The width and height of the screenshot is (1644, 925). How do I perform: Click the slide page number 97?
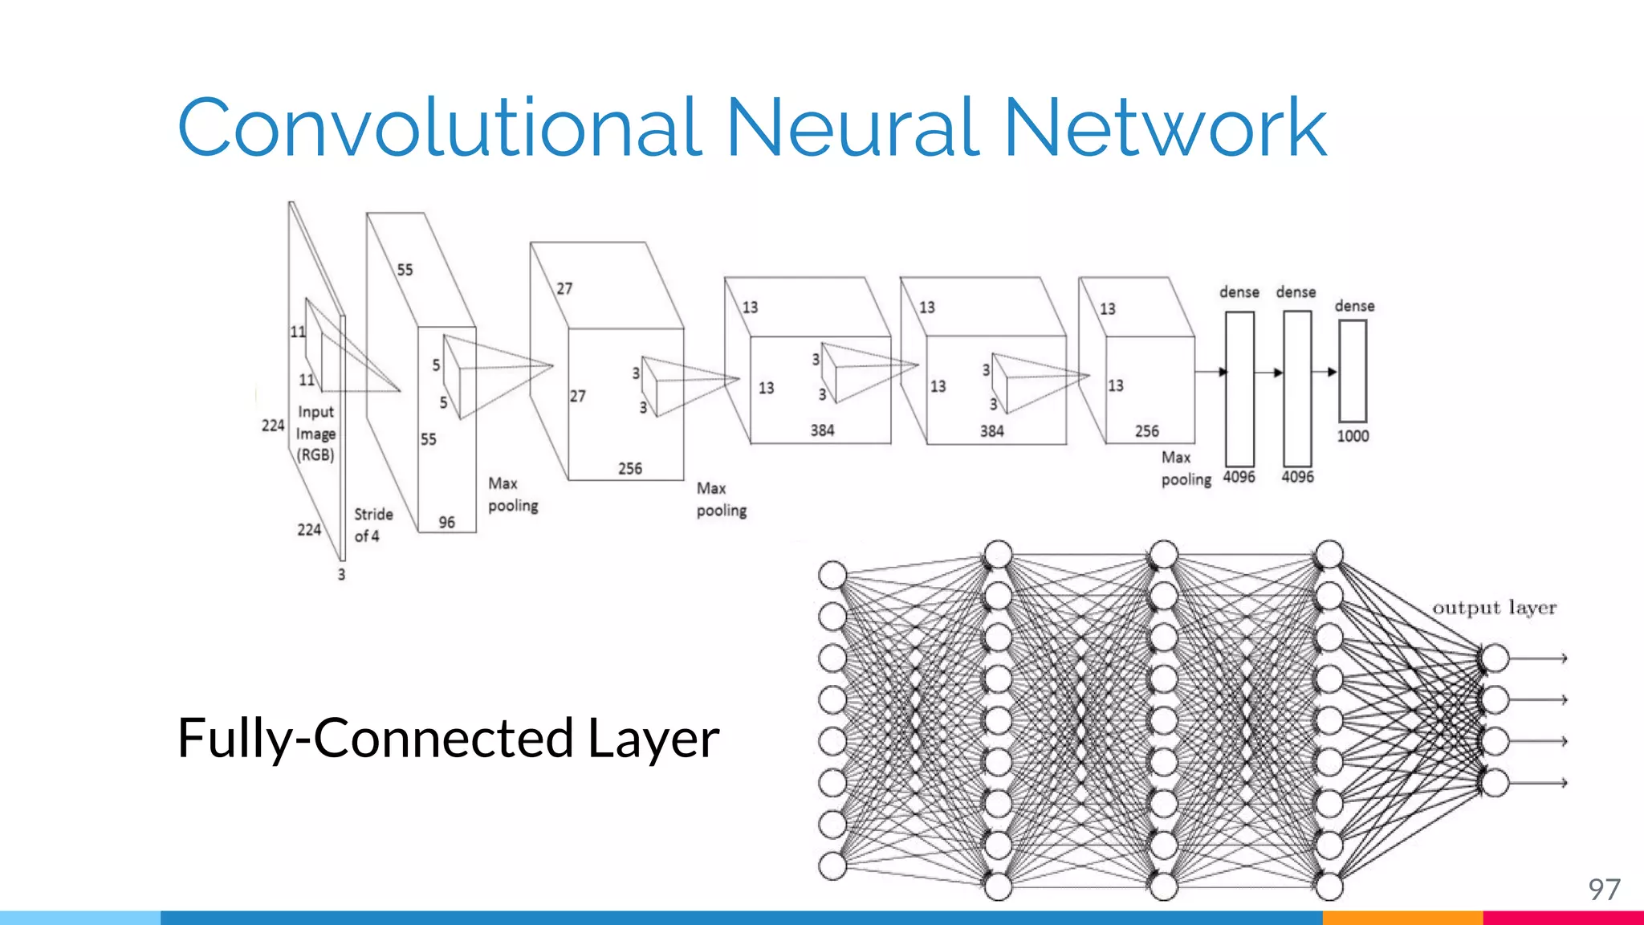click(x=1604, y=890)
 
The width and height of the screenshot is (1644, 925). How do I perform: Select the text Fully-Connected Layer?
click(x=447, y=738)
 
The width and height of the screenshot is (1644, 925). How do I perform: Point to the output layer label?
click(x=1494, y=608)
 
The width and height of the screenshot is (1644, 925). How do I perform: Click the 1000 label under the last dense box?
click(x=1353, y=436)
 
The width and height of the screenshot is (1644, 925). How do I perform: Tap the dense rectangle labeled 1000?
click(x=1353, y=370)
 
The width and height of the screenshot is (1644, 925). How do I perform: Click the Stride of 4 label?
click(x=372, y=525)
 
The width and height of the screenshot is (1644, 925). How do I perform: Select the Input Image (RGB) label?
click(x=315, y=434)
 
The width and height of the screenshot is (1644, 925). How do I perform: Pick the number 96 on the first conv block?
click(x=446, y=522)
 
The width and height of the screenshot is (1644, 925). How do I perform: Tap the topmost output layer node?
click(x=1495, y=658)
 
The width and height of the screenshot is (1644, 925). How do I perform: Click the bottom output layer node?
click(x=1495, y=783)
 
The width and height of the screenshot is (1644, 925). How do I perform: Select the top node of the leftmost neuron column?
click(x=832, y=575)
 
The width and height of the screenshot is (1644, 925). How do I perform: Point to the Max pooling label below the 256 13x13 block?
click(x=1185, y=468)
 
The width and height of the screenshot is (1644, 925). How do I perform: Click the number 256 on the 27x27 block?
click(x=629, y=468)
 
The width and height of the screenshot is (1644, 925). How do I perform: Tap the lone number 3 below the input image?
click(x=341, y=575)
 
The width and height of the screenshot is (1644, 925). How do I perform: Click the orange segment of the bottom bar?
click(x=1402, y=918)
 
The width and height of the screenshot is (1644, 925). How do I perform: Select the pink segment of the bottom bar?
click(x=1562, y=918)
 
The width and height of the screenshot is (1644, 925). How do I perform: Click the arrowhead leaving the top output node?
click(x=1563, y=658)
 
